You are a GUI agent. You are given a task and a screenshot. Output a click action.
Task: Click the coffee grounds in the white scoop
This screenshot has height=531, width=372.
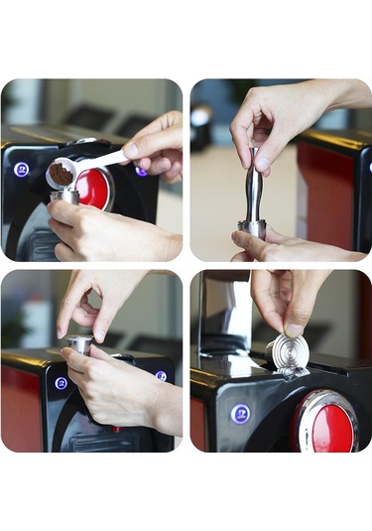61,174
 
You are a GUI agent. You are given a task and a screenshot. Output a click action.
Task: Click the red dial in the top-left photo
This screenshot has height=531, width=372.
94,189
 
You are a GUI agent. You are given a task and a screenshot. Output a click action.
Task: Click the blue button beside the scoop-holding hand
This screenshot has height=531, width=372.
141,171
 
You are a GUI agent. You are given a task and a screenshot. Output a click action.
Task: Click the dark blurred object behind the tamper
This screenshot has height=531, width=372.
202,119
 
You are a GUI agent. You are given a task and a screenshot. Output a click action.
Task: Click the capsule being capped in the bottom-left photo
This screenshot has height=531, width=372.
80,344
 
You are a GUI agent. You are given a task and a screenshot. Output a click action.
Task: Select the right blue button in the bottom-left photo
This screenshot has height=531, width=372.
161,376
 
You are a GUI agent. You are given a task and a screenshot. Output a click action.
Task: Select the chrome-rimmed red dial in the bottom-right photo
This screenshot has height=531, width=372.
325,421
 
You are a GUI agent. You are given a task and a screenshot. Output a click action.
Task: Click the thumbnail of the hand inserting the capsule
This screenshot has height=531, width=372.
295,329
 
